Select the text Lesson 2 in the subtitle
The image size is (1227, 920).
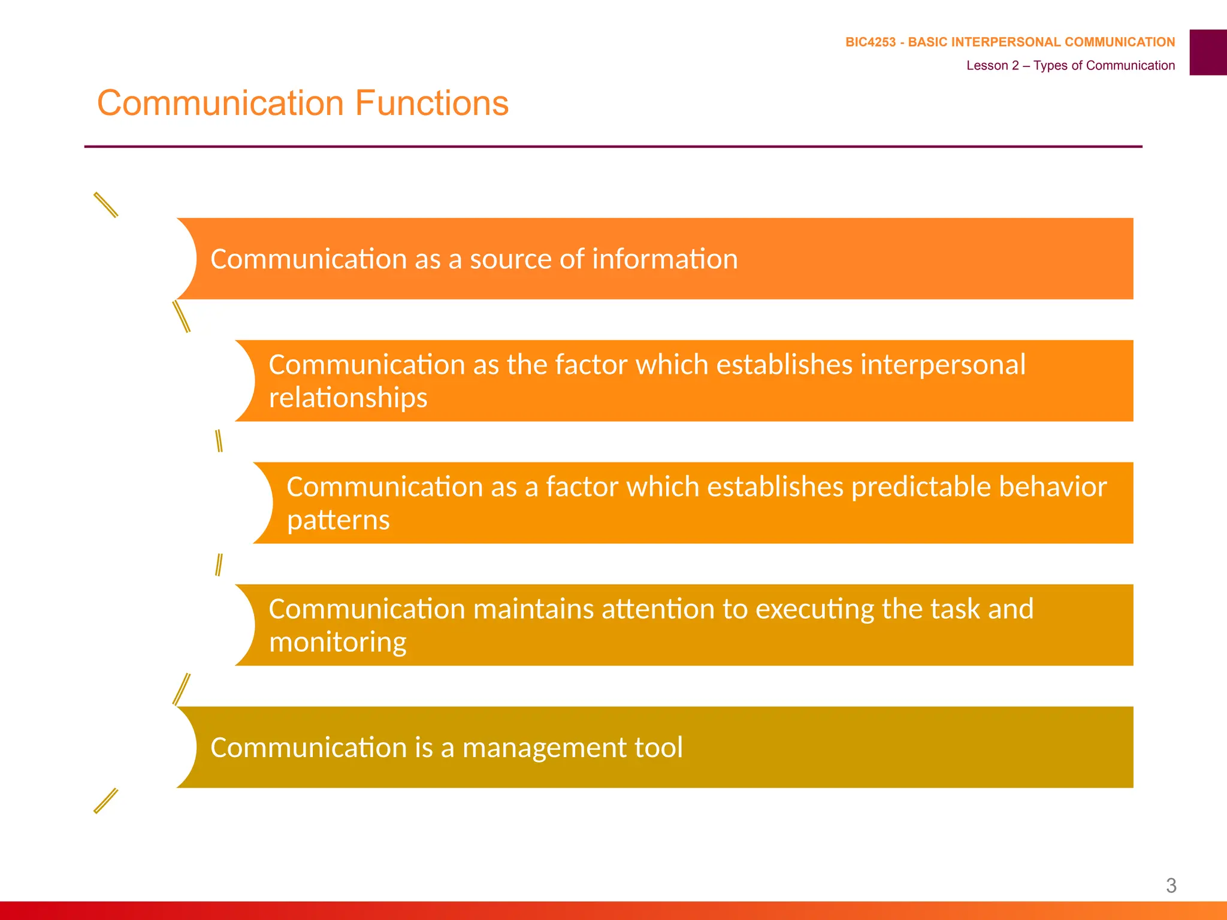(x=992, y=65)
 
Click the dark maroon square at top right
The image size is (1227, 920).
(x=1208, y=52)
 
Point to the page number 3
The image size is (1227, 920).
(x=1171, y=885)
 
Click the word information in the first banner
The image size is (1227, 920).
(x=665, y=259)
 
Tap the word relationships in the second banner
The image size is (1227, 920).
(x=348, y=398)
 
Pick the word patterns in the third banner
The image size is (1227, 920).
(x=339, y=520)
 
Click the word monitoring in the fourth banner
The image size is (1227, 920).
(x=337, y=643)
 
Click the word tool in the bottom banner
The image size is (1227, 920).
(x=658, y=748)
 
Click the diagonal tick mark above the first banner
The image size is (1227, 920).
(x=106, y=205)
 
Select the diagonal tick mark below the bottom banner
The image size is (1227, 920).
(x=106, y=801)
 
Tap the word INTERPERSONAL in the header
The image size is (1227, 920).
(x=1006, y=42)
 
